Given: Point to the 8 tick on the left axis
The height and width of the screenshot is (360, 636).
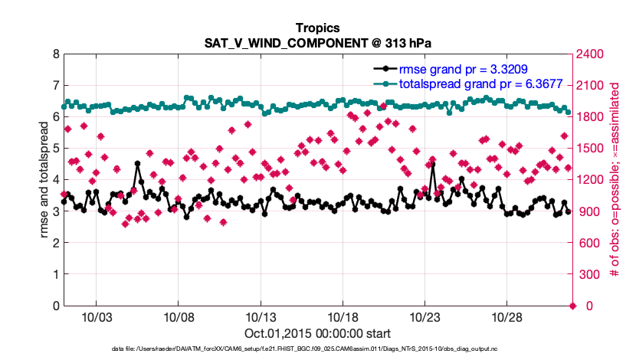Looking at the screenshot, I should [56, 54].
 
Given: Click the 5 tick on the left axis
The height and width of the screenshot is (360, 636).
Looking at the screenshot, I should [56, 149].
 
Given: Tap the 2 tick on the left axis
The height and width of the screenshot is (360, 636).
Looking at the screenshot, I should [56, 243].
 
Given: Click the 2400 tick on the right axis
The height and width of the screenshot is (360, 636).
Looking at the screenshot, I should [591, 54].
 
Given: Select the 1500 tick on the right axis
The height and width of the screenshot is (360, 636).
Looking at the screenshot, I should [591, 149].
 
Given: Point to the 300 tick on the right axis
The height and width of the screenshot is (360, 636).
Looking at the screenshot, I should [588, 274].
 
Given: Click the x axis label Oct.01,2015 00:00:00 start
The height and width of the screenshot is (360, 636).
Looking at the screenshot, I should [317, 333].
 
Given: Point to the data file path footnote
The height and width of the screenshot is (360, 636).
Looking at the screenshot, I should [317, 349].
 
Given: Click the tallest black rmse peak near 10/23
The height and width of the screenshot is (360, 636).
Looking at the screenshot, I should [433, 164].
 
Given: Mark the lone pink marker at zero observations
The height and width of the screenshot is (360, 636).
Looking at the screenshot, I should [572, 306].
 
